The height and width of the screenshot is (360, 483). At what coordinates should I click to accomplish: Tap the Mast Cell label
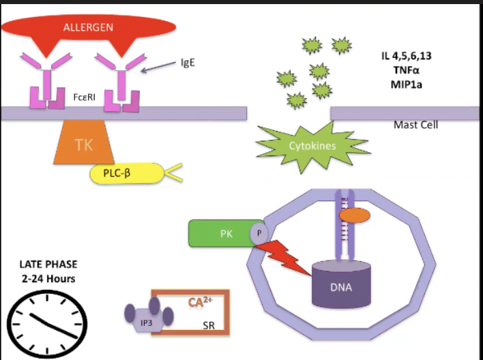click(415, 125)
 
